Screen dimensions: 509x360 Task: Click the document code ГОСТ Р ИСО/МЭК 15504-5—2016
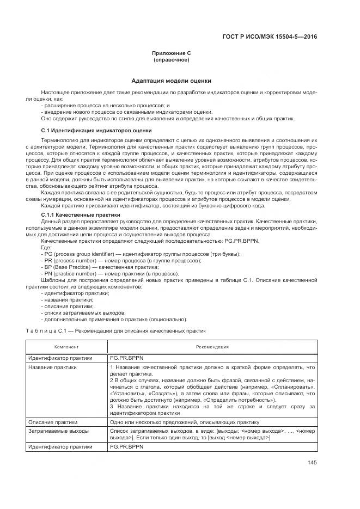(277, 37)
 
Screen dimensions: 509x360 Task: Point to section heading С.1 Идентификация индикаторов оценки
(96, 131)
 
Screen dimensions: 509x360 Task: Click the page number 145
(312, 462)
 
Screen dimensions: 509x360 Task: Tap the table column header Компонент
(66, 347)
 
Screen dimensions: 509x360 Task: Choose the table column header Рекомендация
(212, 347)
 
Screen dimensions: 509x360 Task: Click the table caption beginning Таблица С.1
(115, 330)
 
